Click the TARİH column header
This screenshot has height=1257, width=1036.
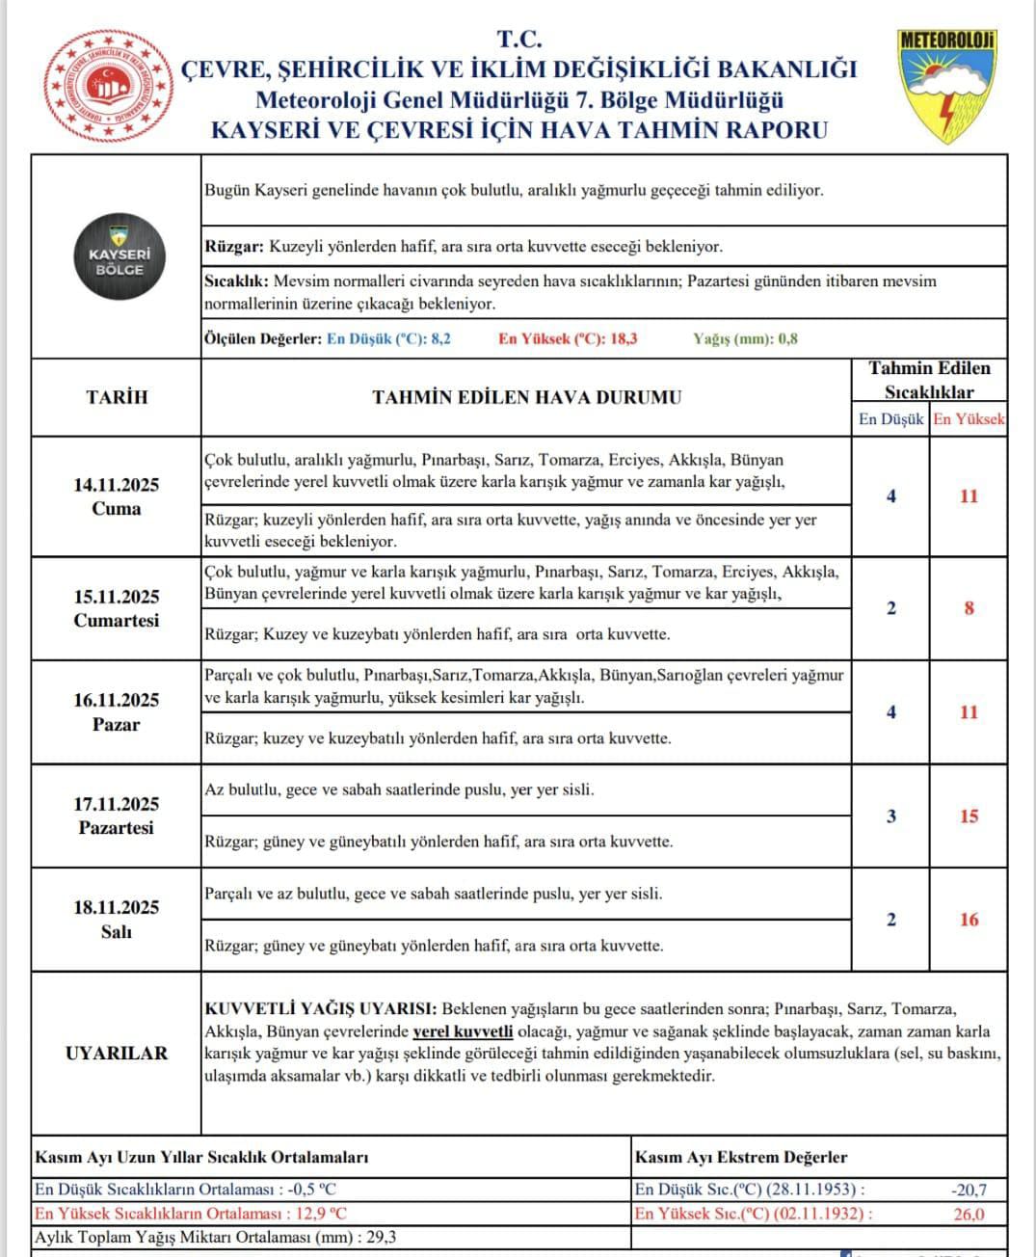click(x=117, y=397)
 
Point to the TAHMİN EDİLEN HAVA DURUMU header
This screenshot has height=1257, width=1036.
click(x=526, y=397)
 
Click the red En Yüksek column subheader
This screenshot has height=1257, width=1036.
click(x=969, y=419)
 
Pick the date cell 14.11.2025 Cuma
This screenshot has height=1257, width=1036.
click(x=117, y=496)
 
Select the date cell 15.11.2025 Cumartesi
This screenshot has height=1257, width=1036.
click(x=117, y=608)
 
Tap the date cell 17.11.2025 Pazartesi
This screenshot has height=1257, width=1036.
click(x=117, y=816)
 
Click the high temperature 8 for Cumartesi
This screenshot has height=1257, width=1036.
click(x=970, y=608)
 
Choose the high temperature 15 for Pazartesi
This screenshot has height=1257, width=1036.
click(x=969, y=816)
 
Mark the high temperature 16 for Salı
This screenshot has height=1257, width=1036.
click(x=969, y=920)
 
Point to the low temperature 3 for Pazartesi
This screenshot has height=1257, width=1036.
click(x=890, y=816)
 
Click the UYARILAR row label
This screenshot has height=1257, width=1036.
click(x=117, y=1054)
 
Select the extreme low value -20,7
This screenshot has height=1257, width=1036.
click(x=969, y=1190)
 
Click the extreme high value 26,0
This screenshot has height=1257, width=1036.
click(x=970, y=1215)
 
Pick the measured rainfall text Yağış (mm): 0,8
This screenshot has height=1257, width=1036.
click(x=745, y=339)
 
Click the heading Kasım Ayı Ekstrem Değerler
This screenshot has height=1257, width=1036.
click(x=741, y=1158)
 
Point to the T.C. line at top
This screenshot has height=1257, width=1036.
click(x=519, y=40)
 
